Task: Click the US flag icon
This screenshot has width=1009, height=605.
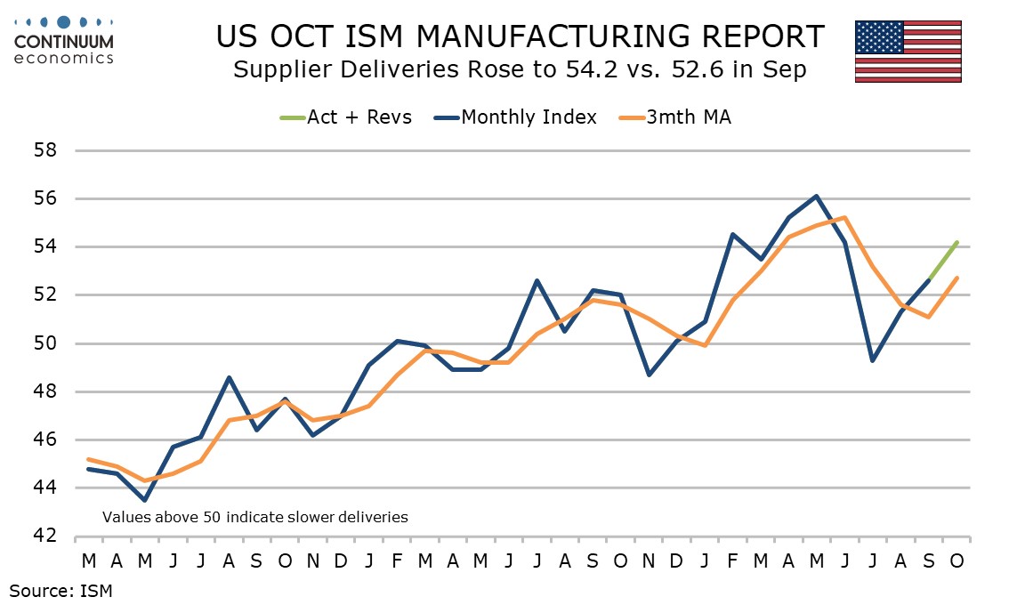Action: (x=908, y=51)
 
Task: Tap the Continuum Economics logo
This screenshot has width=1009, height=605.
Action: (x=64, y=40)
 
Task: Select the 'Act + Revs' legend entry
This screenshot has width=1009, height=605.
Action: (x=346, y=117)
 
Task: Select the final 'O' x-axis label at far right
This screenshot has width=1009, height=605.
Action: (x=957, y=561)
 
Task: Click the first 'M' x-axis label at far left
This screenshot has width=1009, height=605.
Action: (x=89, y=561)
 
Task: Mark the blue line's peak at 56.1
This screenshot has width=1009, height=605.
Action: (x=816, y=196)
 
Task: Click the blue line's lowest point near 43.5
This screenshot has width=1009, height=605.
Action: (x=145, y=500)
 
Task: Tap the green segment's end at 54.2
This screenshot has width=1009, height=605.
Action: (x=957, y=242)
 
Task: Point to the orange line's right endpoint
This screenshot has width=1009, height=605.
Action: (x=957, y=278)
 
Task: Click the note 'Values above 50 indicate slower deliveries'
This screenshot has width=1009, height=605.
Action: (x=254, y=516)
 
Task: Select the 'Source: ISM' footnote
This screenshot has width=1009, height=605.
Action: (x=61, y=589)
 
